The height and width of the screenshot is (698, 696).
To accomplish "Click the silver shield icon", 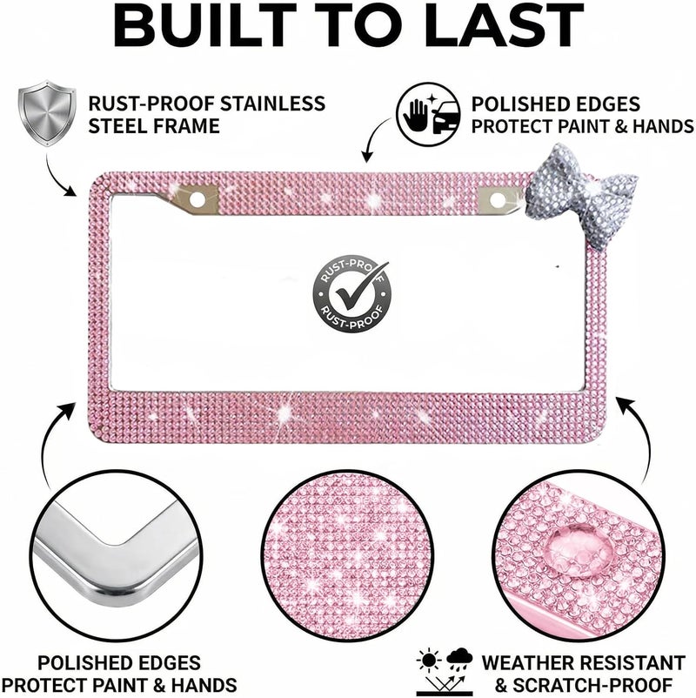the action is click(47, 113).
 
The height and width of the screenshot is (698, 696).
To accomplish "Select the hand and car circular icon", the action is click(428, 114).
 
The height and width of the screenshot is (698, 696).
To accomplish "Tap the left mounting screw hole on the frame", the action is click(197, 199).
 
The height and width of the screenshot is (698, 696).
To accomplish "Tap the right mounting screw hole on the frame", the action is click(498, 200).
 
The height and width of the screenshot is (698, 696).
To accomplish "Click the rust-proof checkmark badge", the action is click(351, 294).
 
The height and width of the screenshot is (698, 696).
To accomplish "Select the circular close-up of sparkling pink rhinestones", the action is click(347, 555).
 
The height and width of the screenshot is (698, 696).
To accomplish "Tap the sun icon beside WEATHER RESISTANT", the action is click(430, 661).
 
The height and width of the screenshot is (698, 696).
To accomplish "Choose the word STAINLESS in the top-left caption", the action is click(272, 104).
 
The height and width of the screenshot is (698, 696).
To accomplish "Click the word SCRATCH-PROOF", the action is click(592, 685).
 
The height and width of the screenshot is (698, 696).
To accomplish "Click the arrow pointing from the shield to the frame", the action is click(57, 178).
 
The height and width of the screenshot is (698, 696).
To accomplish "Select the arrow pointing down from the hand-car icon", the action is click(373, 138).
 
